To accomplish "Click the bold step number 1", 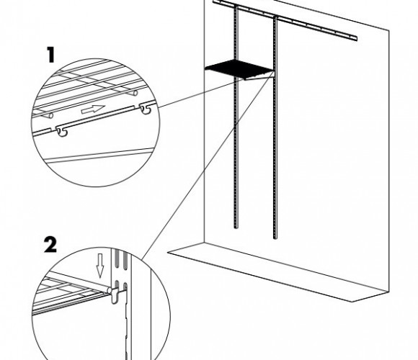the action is point(51,55).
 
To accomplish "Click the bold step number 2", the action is point(50,246).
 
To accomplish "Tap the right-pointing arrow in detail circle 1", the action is point(93,109).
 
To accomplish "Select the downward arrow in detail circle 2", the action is point(100,265).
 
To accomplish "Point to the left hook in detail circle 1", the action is point(62,132).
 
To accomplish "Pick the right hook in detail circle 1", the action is point(146,109).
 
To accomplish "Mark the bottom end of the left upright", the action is point(236,228).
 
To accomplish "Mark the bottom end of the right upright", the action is point(275,238).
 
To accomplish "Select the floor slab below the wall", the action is point(278,271).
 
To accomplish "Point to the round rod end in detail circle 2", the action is point(110,290).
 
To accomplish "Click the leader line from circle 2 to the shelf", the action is point(208,166).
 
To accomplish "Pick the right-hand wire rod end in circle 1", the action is point(135,93).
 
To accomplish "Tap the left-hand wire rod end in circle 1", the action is point(50,116).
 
